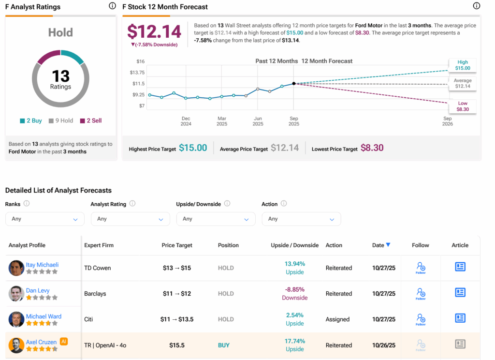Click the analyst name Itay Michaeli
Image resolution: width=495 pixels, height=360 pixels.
[42, 264]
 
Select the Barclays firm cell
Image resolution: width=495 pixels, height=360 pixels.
[95, 294]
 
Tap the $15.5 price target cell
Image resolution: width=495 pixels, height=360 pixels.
[177, 345]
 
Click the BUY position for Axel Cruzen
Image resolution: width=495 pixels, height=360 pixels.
[224, 345]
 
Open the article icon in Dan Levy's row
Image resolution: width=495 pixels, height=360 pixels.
[460, 293]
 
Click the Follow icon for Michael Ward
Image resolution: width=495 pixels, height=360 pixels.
[421, 318]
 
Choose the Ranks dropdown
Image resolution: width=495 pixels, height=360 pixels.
[44, 219]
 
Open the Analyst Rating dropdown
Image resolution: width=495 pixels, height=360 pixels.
[130, 219]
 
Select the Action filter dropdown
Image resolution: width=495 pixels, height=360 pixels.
[301, 219]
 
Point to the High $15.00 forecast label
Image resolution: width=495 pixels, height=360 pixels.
[462, 65]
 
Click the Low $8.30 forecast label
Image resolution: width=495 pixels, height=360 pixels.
[462, 106]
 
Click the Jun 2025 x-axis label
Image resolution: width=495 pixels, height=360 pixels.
[258, 121]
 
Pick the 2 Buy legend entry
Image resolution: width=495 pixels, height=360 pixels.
[31, 120]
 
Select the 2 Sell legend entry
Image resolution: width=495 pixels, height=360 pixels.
[91, 120]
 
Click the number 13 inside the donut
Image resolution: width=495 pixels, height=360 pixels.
[61, 76]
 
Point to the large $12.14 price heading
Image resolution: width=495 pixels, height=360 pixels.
[154, 31]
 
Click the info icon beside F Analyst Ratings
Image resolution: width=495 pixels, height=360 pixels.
[112, 6]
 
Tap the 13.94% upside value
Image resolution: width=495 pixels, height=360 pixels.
[294, 264]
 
